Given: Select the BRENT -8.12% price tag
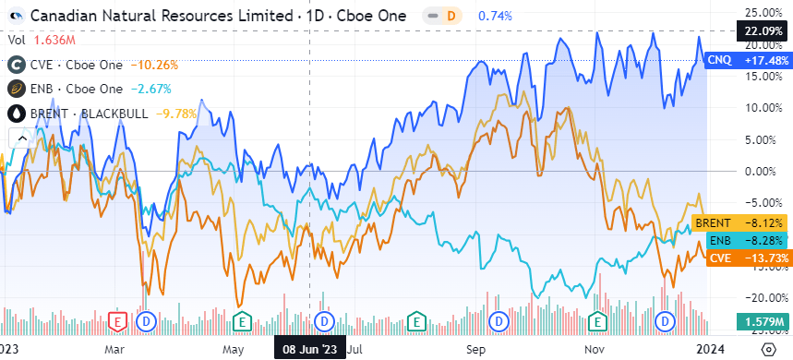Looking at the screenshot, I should click(739, 222).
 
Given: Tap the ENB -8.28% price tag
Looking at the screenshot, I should click(739, 240).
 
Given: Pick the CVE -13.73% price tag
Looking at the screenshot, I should click(739, 258).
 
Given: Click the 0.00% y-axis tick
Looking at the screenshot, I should click(763, 171).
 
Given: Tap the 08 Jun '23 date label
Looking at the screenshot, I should click(308, 350).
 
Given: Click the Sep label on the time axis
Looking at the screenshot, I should click(475, 350).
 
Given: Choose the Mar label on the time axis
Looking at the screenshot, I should click(114, 350).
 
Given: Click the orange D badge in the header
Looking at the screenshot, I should click(451, 16).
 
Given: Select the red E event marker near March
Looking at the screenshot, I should click(117, 320).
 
